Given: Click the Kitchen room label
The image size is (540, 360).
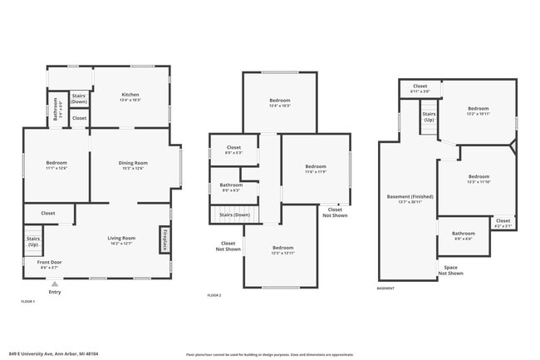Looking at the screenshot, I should point(130,96).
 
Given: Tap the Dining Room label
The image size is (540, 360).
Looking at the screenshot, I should point(133,165).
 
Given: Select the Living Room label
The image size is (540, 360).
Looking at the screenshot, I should point(121,240).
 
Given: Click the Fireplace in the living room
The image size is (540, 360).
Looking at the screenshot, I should point(164,239).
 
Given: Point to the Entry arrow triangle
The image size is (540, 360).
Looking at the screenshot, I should point(55,284).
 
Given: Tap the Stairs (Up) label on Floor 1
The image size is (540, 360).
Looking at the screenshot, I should point(33,242).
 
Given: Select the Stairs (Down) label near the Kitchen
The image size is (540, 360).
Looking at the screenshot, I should point(79,99).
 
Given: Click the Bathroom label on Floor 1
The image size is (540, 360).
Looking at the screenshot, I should point(56,109).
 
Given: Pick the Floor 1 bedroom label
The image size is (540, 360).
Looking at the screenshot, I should point(56,165).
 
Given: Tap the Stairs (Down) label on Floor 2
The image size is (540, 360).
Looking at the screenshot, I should point(235,215).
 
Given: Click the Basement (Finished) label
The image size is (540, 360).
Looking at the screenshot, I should point(405,199).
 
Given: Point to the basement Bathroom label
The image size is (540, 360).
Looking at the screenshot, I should point(464,236).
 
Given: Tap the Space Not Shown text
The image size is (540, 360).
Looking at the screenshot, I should point(450,270).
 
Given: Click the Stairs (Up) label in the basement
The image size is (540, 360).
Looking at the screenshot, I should point(429,117).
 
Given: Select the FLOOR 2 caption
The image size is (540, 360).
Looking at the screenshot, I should point(214,295).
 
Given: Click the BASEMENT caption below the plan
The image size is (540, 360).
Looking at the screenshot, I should point(385,288).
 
